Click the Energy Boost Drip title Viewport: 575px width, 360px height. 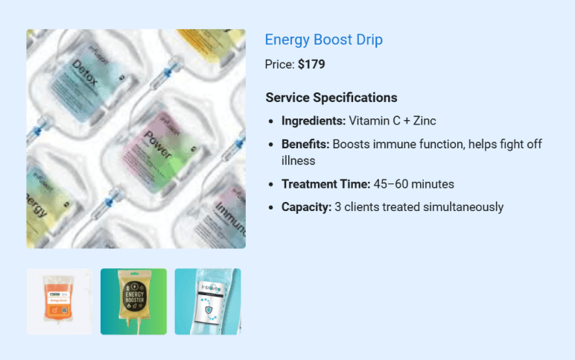(323, 40)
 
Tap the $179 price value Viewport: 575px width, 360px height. (311, 64)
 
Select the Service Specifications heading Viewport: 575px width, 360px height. (331, 98)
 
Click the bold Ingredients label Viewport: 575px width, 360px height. (313, 121)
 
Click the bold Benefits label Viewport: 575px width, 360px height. (305, 144)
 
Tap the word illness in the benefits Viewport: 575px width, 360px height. (298, 160)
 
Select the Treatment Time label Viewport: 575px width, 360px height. (325, 184)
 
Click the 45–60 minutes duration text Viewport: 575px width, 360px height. (414, 184)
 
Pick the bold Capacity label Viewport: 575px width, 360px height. (306, 207)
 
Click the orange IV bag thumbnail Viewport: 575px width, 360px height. (59, 302)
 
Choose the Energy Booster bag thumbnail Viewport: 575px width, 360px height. (133, 302)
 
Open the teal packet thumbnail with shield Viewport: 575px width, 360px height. (208, 302)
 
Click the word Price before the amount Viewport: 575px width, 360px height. (279, 64)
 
